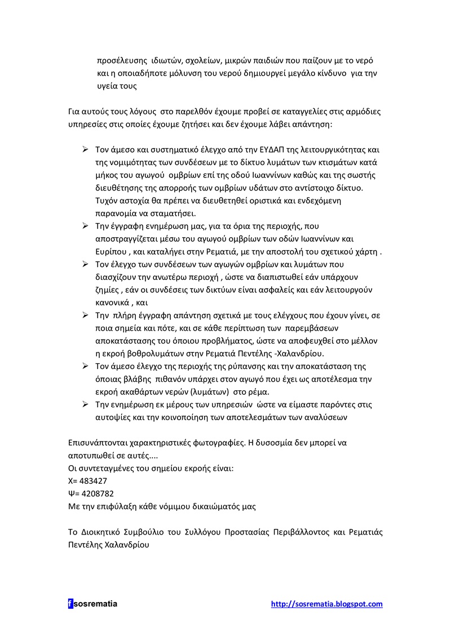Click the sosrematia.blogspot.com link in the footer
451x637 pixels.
tap(326, 604)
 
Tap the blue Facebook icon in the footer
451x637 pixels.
tap(70, 604)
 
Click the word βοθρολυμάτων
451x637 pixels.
tap(167, 354)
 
